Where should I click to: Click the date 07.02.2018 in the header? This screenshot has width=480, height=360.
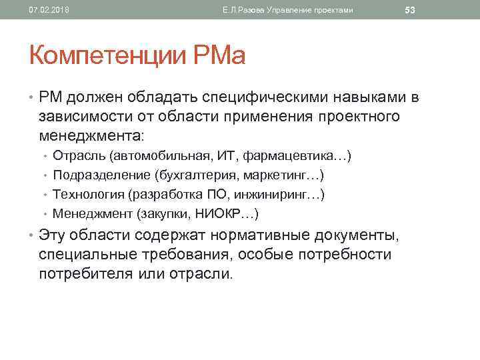coord(45,9)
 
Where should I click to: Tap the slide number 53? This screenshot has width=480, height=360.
coord(410,9)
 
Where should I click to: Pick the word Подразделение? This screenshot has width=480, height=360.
coord(101,175)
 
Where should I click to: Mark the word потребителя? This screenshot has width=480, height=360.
coord(89,273)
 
